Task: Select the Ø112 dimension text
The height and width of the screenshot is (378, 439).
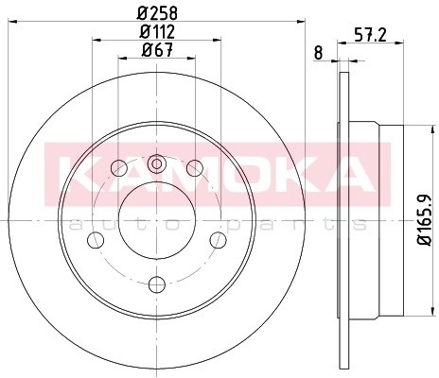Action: point(158,31)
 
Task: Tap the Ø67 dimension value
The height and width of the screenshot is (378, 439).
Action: point(158,49)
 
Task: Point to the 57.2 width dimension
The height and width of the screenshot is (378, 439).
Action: point(370,34)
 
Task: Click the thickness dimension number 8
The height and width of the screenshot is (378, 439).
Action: point(319,53)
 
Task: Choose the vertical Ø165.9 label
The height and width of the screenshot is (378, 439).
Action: point(425,220)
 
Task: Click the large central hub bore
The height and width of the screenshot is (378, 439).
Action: point(157,220)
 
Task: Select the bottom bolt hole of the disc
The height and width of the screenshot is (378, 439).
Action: point(157,284)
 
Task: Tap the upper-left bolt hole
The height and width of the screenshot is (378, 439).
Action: point(119,168)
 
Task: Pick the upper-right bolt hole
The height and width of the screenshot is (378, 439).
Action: point(195,168)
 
